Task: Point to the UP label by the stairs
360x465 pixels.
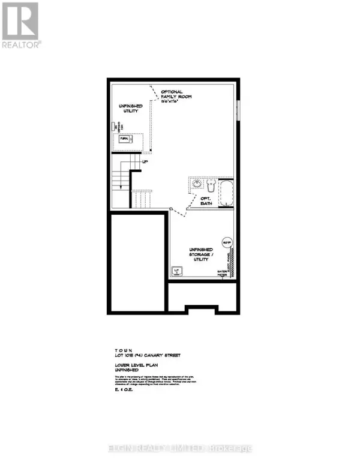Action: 145,160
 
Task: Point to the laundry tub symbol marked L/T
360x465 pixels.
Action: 178,272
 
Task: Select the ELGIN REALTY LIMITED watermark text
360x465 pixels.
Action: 180,446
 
